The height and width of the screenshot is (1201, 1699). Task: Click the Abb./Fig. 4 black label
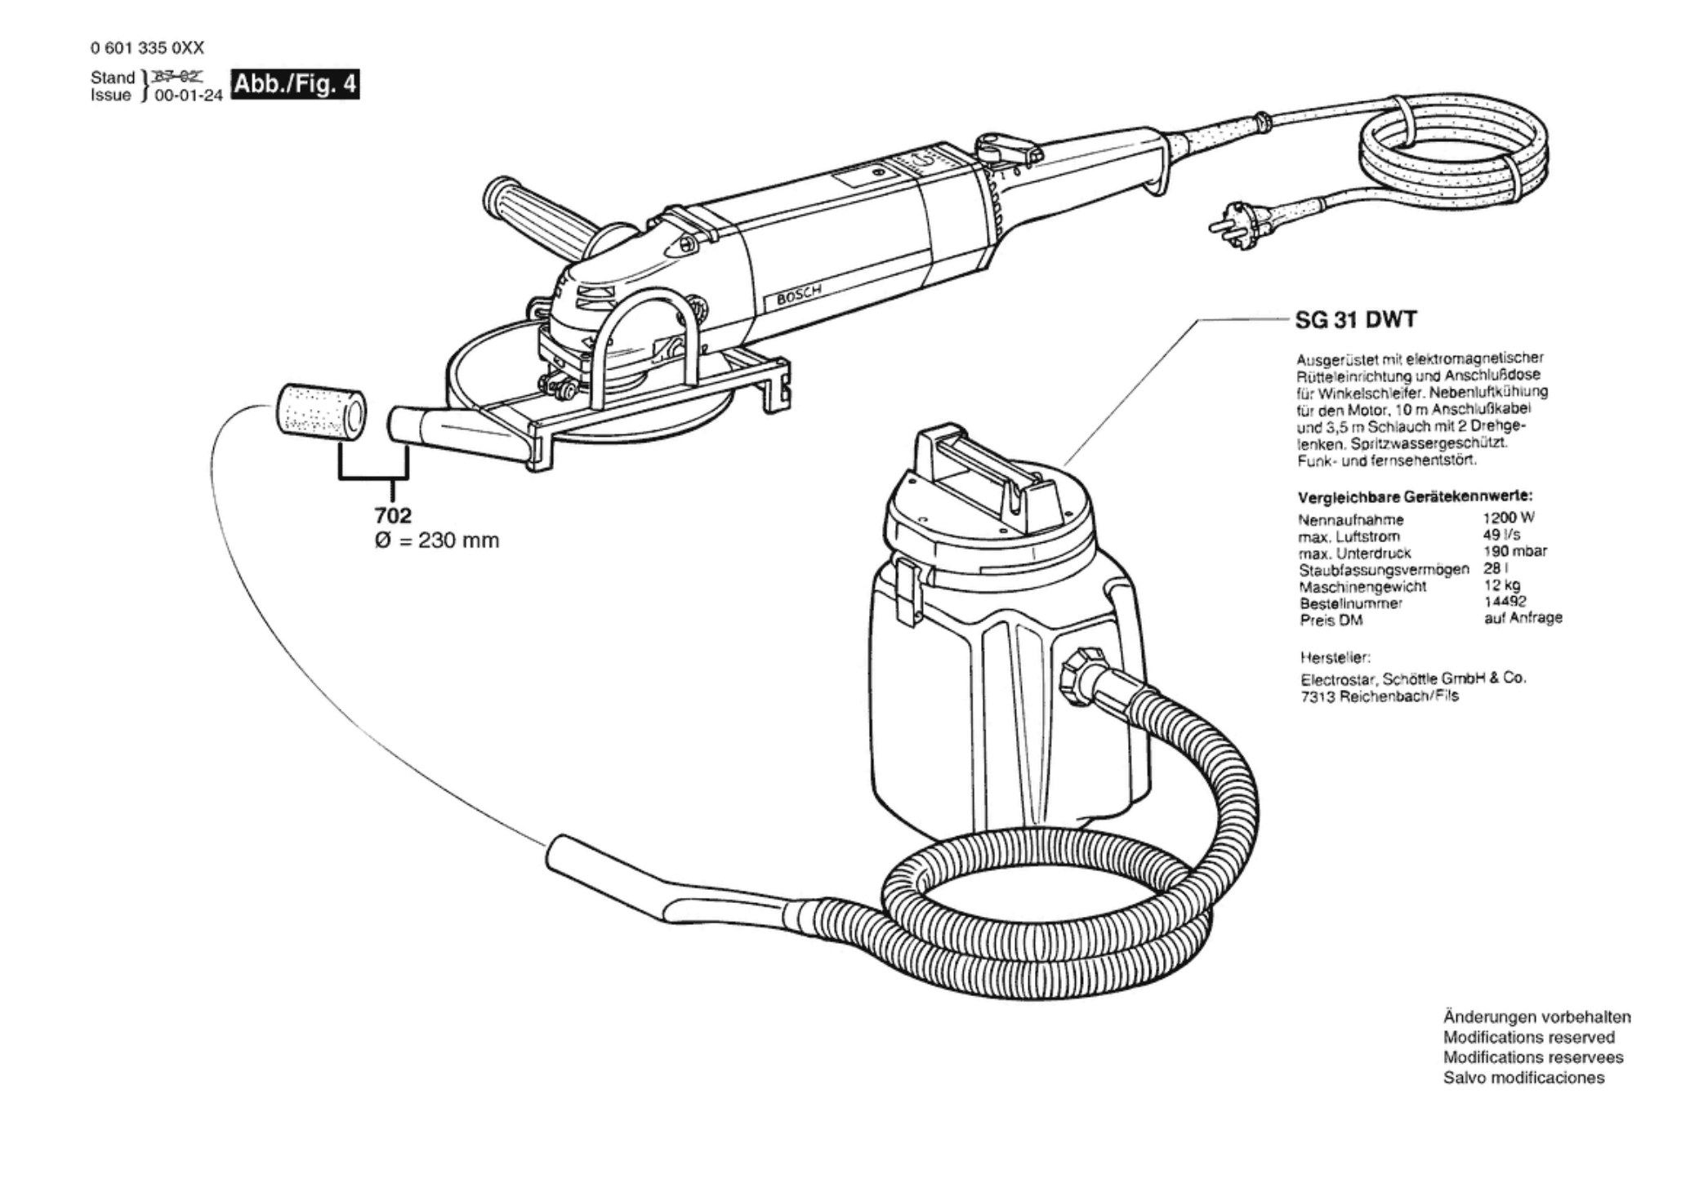click(295, 85)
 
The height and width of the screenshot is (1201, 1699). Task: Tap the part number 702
click(393, 516)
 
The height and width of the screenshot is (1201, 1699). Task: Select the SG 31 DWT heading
click(1356, 319)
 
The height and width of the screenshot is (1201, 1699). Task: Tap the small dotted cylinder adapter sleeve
click(320, 411)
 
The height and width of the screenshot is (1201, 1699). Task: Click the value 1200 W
click(1509, 518)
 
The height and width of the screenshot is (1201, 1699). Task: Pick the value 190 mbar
click(1514, 551)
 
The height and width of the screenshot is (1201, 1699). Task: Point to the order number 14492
click(1505, 602)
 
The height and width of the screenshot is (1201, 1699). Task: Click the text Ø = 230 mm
click(437, 540)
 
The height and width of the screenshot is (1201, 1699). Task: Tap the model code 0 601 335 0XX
click(147, 48)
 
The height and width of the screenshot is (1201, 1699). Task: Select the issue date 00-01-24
click(189, 96)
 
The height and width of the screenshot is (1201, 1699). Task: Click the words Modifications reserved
click(1528, 1038)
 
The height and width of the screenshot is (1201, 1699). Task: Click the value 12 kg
click(1501, 585)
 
